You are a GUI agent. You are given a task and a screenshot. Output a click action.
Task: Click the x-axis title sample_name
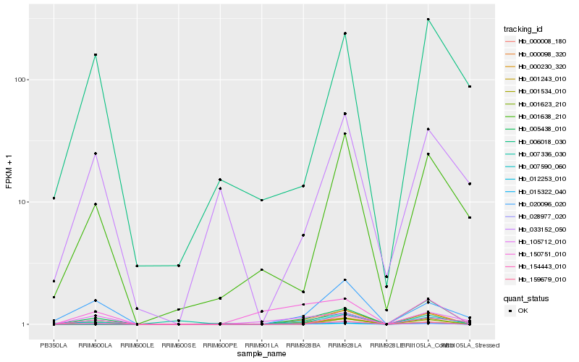point(261,353)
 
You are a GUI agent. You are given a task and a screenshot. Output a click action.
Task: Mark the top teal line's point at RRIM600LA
point(96,55)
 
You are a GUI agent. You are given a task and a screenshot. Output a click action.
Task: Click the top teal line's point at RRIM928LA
point(345,33)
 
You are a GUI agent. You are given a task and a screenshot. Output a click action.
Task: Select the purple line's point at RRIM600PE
point(220,188)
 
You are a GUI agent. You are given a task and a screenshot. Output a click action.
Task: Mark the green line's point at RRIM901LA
point(261,269)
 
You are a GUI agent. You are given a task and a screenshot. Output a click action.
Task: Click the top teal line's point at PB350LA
point(54,198)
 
